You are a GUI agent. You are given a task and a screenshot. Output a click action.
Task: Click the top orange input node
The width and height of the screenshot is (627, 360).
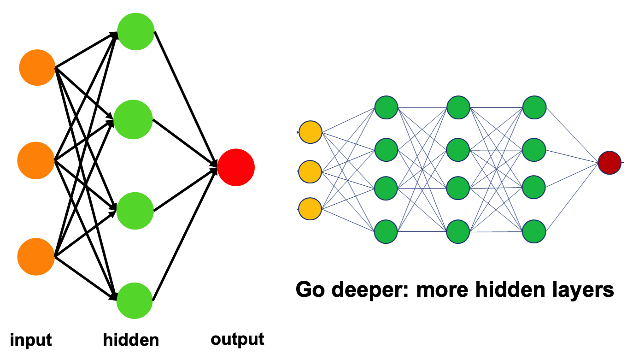[x=37, y=68]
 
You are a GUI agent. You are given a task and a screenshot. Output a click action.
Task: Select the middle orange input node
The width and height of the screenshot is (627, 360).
[x=36, y=161]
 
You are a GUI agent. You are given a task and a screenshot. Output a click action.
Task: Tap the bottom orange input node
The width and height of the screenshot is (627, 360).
[x=36, y=257]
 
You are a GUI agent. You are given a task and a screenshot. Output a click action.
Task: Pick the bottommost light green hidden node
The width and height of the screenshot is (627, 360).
[x=134, y=301]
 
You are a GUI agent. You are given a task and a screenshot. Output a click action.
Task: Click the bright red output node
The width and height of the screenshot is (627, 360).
[x=236, y=167]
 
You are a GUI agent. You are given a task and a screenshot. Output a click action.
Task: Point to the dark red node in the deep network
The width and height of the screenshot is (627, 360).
[x=609, y=163]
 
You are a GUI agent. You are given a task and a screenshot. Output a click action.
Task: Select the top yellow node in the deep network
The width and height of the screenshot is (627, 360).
[x=311, y=133]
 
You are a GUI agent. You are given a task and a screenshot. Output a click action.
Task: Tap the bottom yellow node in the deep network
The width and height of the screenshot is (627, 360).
[x=311, y=209]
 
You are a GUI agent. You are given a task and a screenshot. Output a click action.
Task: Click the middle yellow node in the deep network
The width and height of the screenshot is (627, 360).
[x=311, y=171]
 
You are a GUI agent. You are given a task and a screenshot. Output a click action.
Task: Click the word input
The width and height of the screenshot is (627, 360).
[x=31, y=340]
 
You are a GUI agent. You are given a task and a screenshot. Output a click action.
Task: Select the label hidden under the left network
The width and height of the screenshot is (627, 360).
[x=131, y=340]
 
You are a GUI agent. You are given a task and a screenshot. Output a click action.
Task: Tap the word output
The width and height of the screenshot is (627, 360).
[x=237, y=339]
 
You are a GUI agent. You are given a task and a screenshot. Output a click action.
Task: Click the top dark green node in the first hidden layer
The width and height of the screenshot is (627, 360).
[x=386, y=107]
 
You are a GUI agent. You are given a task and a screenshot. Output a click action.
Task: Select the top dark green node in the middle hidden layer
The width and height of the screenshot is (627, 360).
[x=458, y=107]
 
